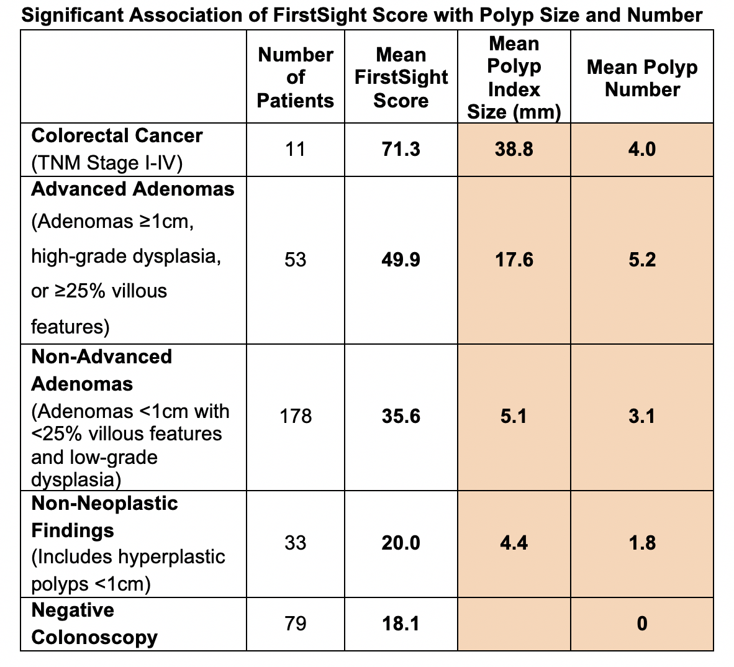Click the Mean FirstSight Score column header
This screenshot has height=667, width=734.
(401, 78)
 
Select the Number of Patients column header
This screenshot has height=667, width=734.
(295, 78)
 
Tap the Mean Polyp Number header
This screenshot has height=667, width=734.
(641, 78)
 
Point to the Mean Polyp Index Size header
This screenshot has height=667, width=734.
(514, 78)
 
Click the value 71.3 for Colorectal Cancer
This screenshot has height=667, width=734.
(401, 149)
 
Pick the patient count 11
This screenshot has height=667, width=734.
(295, 149)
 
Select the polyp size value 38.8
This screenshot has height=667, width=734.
(514, 149)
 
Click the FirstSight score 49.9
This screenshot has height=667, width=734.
(401, 259)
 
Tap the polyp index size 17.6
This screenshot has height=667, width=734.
(514, 259)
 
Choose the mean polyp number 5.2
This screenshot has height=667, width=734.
(641, 259)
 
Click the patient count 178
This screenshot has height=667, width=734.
(295, 415)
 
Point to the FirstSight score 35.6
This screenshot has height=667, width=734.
(401, 415)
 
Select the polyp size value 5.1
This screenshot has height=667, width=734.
(514, 415)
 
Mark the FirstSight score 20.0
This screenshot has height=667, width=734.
(401, 543)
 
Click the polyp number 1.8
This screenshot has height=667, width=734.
(641, 543)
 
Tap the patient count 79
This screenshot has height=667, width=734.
(295, 623)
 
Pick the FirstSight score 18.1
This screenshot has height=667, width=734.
(401, 623)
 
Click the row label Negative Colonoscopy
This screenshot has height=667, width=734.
(94, 624)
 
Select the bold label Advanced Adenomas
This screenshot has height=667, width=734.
(132, 189)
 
